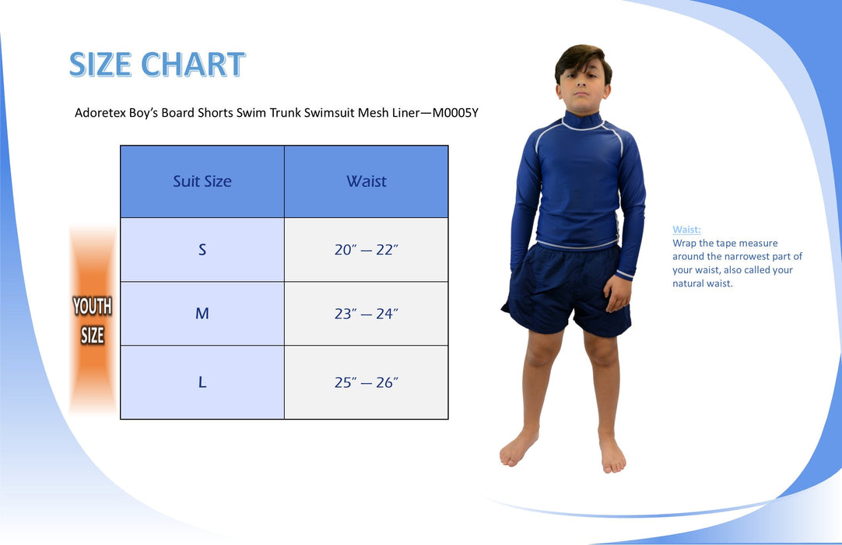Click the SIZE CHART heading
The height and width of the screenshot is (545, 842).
156,65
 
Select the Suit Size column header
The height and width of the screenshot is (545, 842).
202,181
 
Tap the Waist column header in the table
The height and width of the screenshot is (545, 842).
367,181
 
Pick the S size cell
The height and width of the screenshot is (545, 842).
202,249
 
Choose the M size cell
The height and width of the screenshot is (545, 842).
202,313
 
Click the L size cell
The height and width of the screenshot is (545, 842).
202,382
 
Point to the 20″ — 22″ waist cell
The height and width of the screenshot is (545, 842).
367,249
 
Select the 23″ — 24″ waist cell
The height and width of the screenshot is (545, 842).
367,313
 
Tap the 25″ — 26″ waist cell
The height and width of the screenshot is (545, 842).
367,382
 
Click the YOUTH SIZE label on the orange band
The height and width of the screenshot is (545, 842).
93,320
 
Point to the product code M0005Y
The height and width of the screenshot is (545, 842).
455,113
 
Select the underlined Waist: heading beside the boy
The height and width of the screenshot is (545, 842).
686,230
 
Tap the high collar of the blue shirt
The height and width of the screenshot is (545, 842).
582,120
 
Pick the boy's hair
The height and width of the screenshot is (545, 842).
582,60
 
